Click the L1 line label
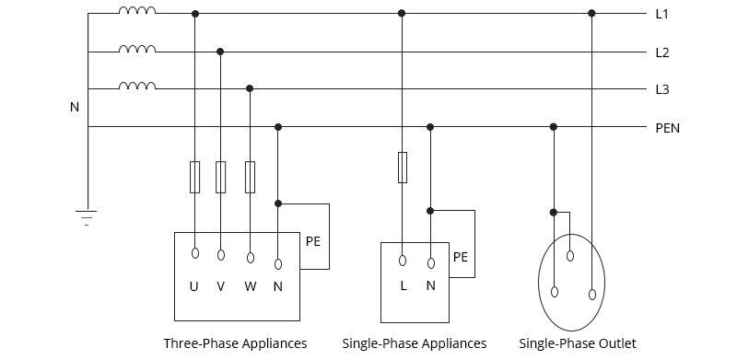(661, 15)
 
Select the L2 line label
(661, 52)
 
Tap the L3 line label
(661, 89)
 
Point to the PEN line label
(667, 128)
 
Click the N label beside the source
(75, 108)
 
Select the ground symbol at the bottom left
(88, 217)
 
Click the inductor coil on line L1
(137, 12)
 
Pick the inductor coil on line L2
(137, 50)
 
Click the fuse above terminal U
(194, 177)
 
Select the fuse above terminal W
(250, 177)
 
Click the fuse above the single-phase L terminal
(402, 168)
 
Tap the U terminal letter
(193, 286)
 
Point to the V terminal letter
(220, 286)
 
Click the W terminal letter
(250, 286)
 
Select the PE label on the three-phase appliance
(313, 242)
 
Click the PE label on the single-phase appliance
(460, 258)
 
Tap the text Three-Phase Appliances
(235, 343)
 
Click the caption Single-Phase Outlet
(578, 343)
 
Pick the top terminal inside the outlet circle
(570, 255)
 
